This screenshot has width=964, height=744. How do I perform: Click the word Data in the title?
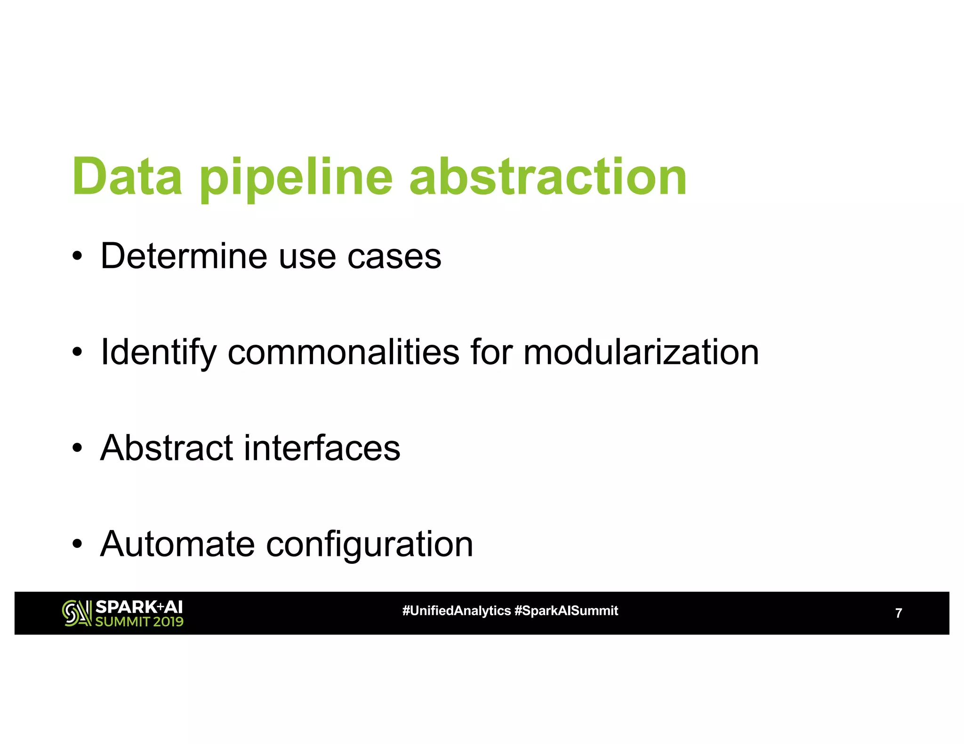127,177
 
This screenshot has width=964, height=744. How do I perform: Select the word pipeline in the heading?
296,179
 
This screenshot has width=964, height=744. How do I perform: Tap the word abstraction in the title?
548,177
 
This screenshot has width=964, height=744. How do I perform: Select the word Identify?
158,353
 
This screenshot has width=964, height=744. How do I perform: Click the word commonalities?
343,352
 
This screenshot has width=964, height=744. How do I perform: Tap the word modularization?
641,352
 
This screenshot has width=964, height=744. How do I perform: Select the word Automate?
177,544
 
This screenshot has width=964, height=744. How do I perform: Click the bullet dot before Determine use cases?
78,257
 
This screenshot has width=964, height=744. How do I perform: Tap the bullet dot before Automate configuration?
78,545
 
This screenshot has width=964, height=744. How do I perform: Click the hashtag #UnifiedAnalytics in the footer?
456,611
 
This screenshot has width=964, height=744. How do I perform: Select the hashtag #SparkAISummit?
566,611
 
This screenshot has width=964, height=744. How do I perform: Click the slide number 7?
898,613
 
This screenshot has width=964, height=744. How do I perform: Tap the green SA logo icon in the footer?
77,613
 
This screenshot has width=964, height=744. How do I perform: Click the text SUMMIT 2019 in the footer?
139,622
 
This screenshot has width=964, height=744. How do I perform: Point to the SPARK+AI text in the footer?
139,607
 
